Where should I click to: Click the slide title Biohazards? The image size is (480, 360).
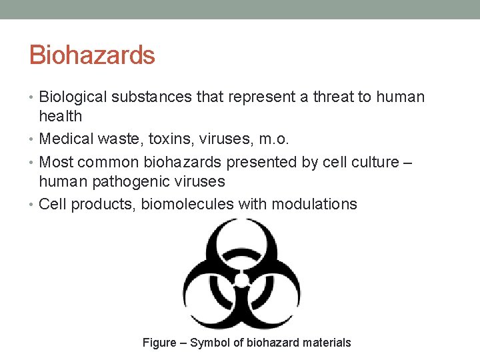(x=92, y=55)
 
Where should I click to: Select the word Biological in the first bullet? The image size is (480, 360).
(x=73, y=97)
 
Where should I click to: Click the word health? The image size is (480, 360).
(x=61, y=117)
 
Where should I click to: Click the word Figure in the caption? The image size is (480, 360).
(x=159, y=343)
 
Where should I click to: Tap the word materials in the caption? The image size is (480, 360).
(x=325, y=343)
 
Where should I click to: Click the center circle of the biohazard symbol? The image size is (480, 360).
(x=242, y=279)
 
